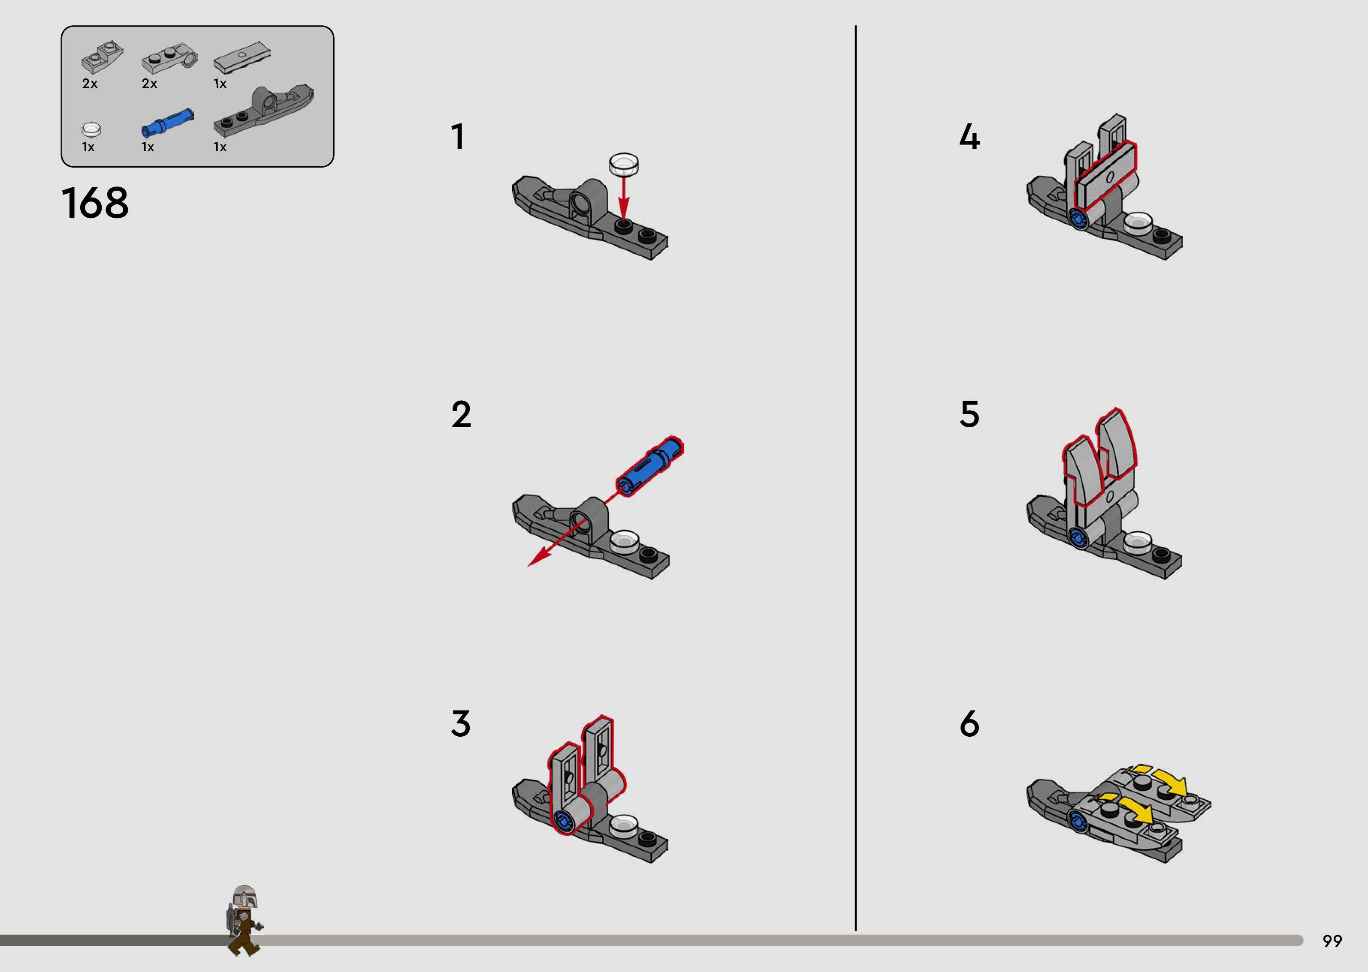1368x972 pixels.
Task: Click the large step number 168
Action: click(95, 202)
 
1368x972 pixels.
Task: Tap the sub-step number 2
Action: click(461, 414)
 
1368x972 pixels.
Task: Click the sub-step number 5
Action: click(970, 414)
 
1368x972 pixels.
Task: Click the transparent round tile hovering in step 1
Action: click(623, 164)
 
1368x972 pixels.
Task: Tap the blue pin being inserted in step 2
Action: click(650, 466)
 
